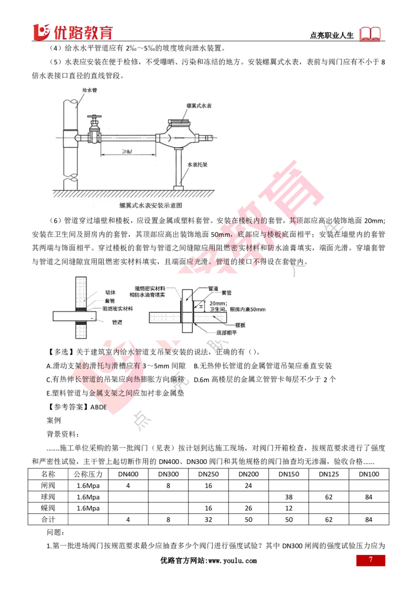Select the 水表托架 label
tap(199, 163)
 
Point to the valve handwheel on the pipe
tap(94, 117)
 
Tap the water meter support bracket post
tap(179, 167)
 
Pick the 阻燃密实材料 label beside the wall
tap(117, 309)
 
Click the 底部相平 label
tap(226, 332)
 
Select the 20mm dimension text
tap(215, 303)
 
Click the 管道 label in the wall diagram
tap(117, 322)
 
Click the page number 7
tap(371, 560)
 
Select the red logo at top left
tap(73, 32)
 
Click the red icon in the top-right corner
tap(371, 34)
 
